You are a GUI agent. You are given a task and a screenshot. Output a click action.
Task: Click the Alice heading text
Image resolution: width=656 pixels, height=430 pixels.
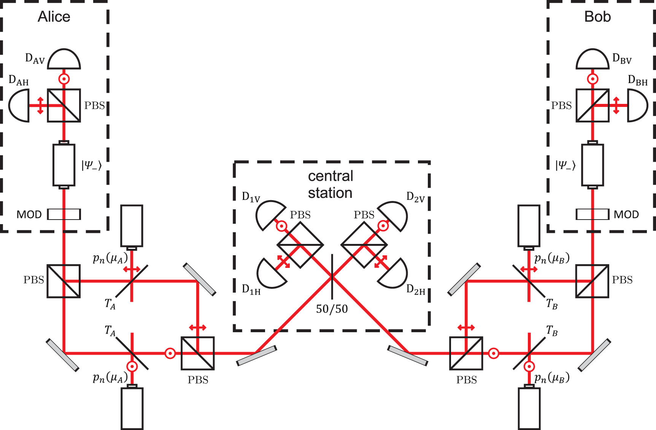click(x=54, y=17)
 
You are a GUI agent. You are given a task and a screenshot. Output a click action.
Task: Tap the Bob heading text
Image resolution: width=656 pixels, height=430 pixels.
click(x=597, y=17)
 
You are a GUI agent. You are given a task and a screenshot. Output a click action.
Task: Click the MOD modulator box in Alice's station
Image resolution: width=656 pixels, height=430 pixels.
click(x=64, y=214)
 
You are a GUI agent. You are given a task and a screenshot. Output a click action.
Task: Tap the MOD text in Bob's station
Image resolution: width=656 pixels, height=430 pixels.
click(x=626, y=215)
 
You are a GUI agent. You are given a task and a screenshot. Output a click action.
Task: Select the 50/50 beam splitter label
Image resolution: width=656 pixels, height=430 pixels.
click(x=332, y=309)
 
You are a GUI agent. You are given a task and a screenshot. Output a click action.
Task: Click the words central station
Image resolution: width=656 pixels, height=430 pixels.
click(x=330, y=185)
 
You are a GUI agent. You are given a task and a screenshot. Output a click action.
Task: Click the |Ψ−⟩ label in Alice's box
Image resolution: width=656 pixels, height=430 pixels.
click(x=92, y=165)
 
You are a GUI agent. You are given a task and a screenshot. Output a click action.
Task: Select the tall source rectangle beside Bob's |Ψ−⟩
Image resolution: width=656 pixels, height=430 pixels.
click(x=592, y=165)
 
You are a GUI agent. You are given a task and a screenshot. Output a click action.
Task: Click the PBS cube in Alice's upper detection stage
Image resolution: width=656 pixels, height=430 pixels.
click(x=64, y=105)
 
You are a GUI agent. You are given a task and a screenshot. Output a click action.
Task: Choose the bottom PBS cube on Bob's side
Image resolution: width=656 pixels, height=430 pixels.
click(x=466, y=353)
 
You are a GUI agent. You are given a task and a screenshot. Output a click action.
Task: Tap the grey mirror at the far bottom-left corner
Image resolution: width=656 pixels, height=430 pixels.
click(x=62, y=355)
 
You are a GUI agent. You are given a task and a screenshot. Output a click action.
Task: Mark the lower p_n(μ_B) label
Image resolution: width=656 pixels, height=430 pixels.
click(x=551, y=378)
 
